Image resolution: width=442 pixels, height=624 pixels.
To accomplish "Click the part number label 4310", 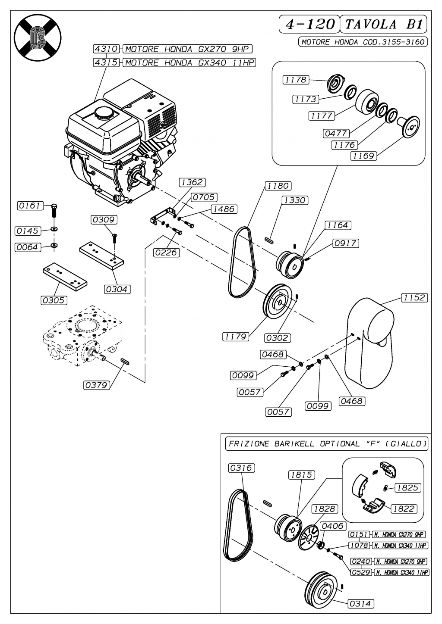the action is tap(106, 49).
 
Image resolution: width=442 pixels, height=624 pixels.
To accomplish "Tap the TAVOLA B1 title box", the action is tap(384, 24).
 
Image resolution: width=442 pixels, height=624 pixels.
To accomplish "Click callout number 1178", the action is tap(296, 80).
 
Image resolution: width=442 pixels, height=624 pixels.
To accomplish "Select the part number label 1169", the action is tap(363, 156).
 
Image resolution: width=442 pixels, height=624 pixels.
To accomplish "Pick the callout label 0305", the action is tap(54, 300).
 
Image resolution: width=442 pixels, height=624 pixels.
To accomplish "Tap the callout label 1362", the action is tap(192, 182).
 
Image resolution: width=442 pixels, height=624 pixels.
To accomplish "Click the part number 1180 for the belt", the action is tap(278, 186).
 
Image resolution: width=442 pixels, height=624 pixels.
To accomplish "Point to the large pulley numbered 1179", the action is tap(277, 301).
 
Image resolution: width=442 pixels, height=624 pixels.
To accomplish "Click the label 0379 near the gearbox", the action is tap(96, 385).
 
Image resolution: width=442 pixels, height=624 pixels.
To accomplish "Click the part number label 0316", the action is tap(242, 468).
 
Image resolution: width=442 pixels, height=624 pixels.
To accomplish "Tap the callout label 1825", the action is tap(407, 488).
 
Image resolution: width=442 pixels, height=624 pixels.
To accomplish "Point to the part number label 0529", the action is tap(361, 572).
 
